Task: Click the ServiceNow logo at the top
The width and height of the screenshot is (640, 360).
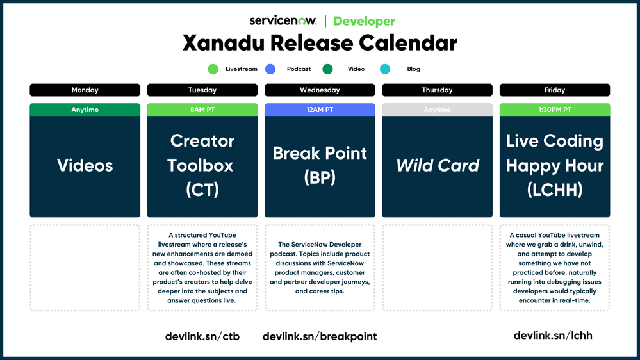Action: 283,20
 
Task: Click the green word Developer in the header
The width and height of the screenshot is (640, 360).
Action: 365,21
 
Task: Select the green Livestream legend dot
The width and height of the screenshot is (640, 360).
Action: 213,69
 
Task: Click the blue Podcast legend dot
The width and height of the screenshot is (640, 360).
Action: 270,69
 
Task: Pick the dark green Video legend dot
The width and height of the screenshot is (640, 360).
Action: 327,69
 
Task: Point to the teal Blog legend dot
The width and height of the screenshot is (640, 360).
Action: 385,69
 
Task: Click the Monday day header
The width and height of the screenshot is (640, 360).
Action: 85,90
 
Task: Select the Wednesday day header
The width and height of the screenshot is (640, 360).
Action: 320,90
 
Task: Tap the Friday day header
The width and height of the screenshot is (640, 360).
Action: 555,90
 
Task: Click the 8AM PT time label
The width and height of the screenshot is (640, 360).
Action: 202,110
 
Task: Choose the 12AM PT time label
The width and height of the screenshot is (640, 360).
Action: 320,110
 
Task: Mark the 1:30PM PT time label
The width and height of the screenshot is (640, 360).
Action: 555,110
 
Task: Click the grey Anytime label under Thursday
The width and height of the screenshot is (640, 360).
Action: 438,110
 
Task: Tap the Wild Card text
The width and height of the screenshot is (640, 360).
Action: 438,166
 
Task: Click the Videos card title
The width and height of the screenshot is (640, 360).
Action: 85,166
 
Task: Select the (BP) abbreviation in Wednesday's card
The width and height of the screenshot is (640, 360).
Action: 320,178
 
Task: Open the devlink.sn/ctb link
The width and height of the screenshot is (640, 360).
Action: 202,336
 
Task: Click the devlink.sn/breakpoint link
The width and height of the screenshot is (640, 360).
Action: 320,336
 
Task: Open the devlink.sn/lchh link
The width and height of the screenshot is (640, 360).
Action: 553,335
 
